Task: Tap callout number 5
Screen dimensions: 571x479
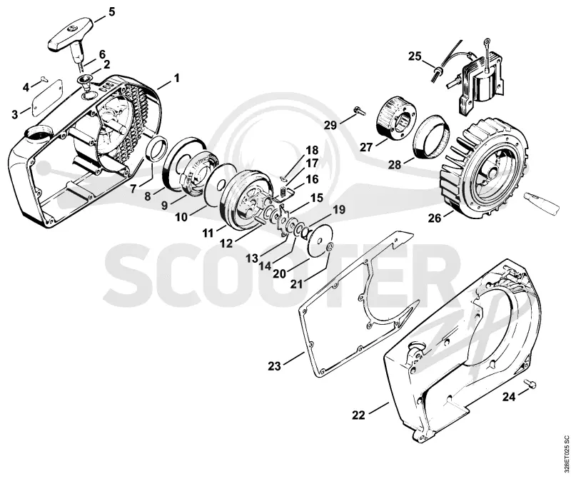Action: coord(111,11)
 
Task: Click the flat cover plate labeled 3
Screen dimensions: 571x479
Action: coord(48,98)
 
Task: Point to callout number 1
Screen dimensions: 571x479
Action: coord(176,78)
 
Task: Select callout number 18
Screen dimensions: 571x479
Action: coord(312,151)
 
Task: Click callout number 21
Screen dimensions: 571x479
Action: coord(296,283)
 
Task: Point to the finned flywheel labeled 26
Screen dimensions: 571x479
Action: coord(484,170)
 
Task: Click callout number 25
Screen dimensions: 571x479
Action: coord(415,57)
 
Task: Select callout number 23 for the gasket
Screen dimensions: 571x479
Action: coord(274,365)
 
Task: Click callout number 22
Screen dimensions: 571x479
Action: coord(358,415)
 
